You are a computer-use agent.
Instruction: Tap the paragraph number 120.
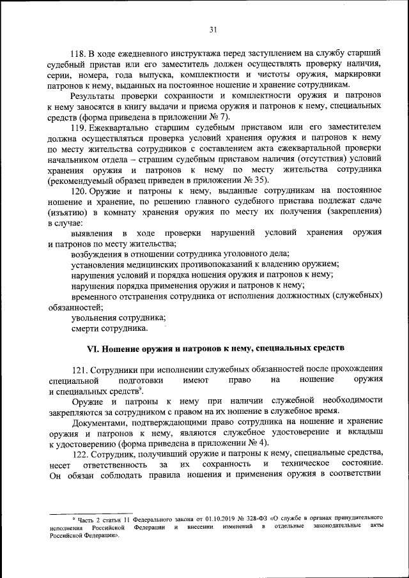[79, 191]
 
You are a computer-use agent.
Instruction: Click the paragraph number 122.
[79, 452]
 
